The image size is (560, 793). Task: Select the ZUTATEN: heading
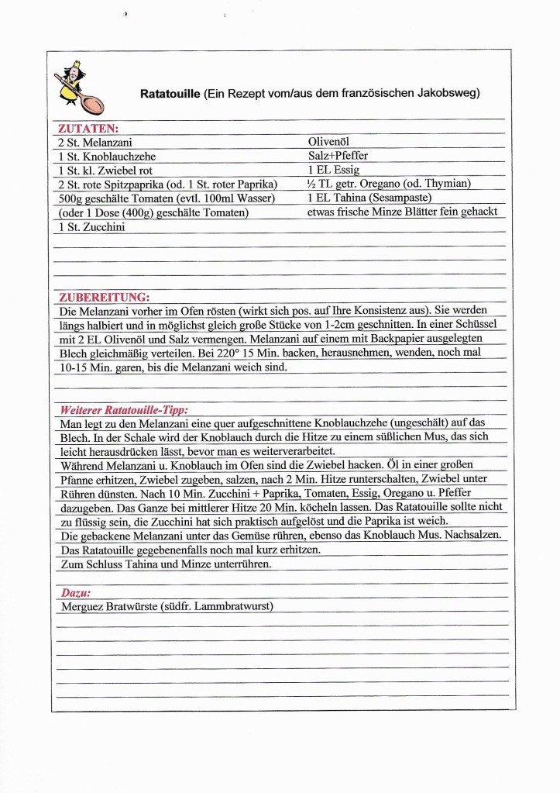point(89,129)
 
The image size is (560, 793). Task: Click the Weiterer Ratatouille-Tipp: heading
point(124,409)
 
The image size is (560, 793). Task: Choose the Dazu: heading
point(75,592)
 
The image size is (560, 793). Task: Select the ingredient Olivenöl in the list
point(329,142)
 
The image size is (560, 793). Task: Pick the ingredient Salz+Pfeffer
point(338,156)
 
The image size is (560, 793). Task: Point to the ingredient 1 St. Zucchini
point(91,226)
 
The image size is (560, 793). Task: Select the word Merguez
point(83,606)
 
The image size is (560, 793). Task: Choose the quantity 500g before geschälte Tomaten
point(71,198)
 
